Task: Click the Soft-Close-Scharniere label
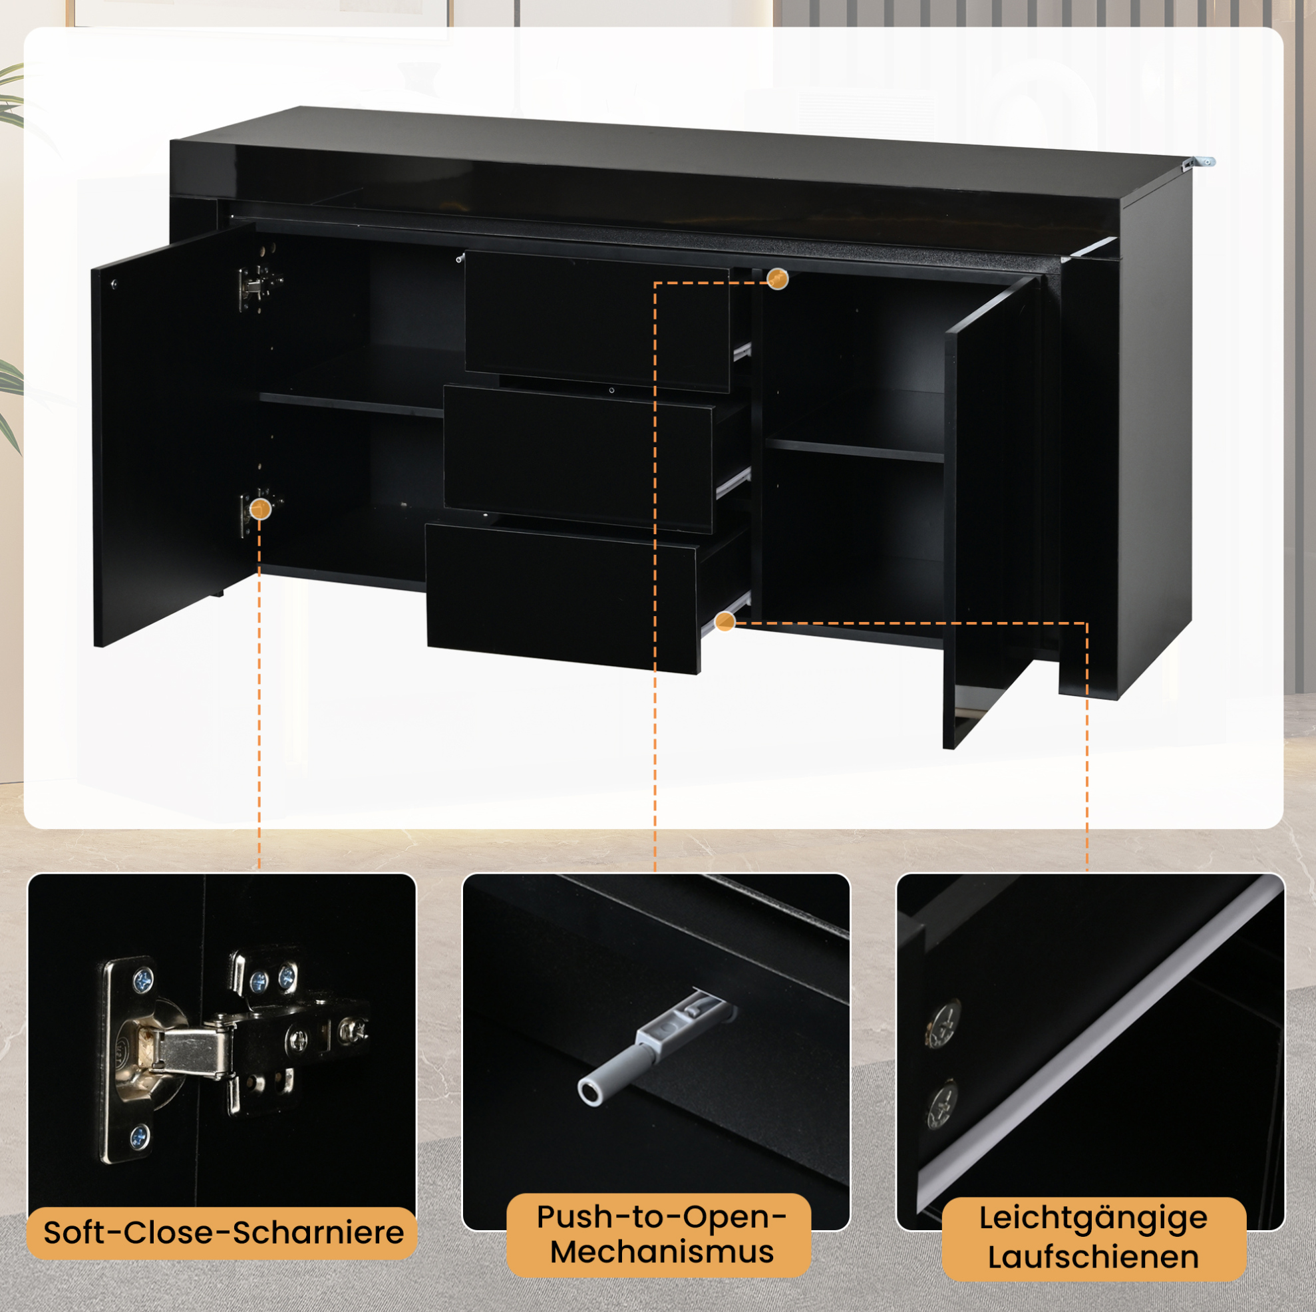(x=223, y=1233)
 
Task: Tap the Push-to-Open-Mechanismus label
(x=659, y=1233)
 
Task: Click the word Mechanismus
(x=662, y=1252)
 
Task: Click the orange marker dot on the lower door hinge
(x=260, y=508)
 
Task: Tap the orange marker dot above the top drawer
(x=777, y=278)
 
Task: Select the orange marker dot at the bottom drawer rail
(x=725, y=621)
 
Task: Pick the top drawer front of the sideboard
(x=597, y=321)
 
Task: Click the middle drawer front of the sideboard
(x=577, y=458)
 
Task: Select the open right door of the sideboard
(x=992, y=511)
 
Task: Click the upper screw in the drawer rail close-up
(x=943, y=1024)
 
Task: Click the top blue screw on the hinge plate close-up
(x=144, y=981)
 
